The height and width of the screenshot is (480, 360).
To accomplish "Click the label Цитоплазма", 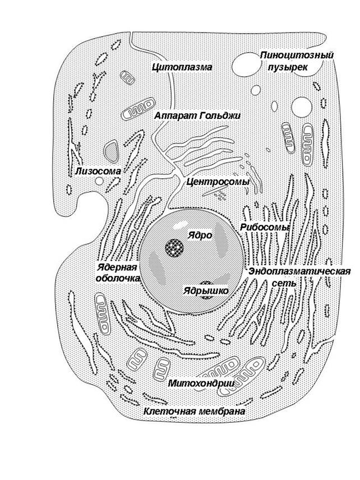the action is pyautogui.click(x=182, y=67).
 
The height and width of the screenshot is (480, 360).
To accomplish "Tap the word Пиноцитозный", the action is pyautogui.click(x=297, y=55).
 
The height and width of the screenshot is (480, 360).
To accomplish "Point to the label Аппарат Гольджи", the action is pyautogui.click(x=197, y=115).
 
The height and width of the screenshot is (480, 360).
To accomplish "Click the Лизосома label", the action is pyautogui.click(x=98, y=170).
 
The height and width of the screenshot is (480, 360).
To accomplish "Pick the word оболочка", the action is pyautogui.click(x=117, y=278).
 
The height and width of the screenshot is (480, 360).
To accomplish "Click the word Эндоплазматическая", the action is pyautogui.click(x=300, y=272).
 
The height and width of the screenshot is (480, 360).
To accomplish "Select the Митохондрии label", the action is pyautogui.click(x=193, y=383).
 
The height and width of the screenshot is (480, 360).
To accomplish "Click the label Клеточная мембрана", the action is pyautogui.click(x=195, y=411).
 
